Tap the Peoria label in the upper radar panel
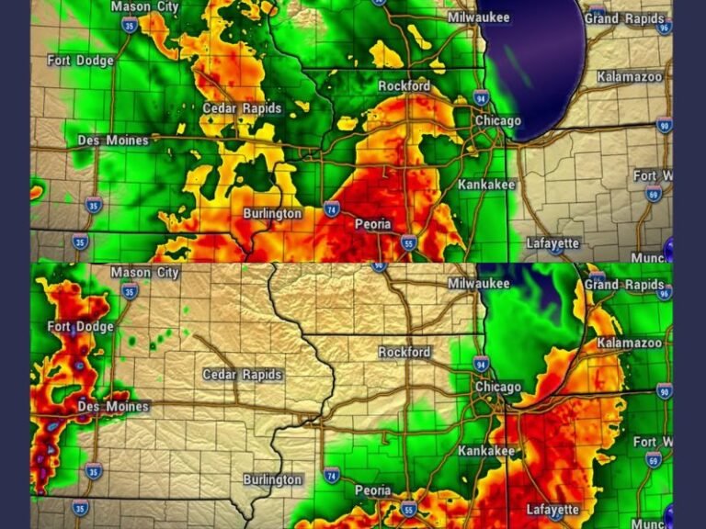372,224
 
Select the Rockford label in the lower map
404,352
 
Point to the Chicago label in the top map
497,121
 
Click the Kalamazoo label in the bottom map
629,343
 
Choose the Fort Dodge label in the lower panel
81,327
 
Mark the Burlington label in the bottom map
272,479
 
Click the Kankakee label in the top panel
487,185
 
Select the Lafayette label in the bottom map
552,509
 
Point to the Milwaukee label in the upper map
478,17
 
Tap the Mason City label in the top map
144,6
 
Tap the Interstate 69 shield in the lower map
653,457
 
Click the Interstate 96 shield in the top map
664,28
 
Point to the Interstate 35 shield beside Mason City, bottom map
130,292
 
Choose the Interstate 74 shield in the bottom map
332,475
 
